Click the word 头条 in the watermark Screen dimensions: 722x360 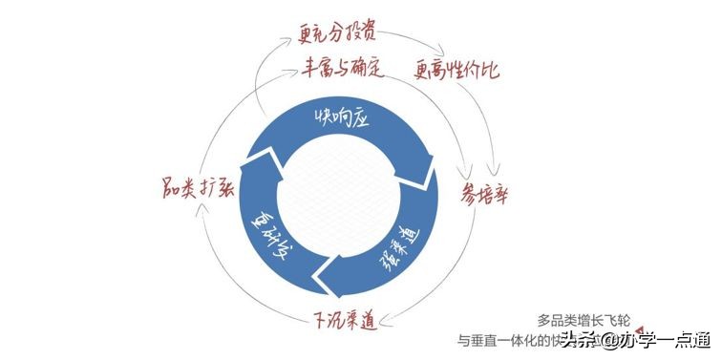(578, 341)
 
